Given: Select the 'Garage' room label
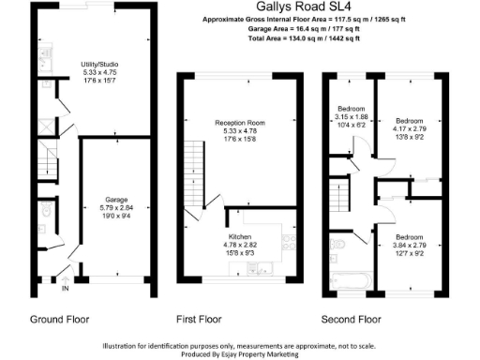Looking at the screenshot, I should [115, 198].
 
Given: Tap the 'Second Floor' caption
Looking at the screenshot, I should [352, 318].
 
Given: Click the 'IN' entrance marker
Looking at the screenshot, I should [66, 289].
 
